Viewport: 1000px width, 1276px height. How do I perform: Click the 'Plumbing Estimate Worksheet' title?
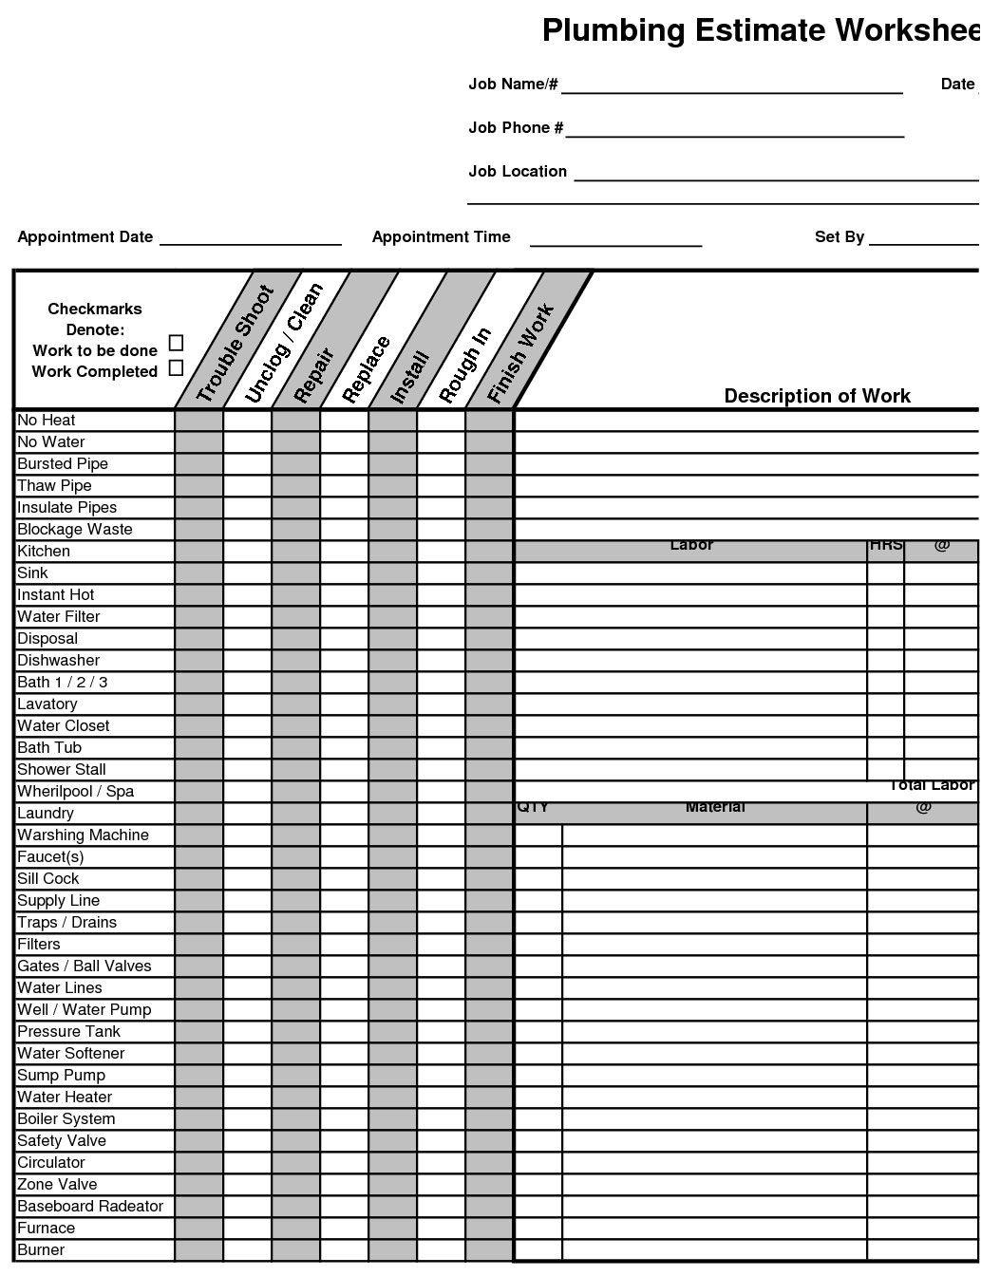(x=760, y=30)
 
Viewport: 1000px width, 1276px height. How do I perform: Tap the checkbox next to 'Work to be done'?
(x=176, y=343)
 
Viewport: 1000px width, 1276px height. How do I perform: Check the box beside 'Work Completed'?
(x=176, y=368)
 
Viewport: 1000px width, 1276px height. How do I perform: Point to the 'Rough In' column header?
(x=465, y=365)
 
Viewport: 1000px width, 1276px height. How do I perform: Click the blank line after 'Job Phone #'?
(x=734, y=130)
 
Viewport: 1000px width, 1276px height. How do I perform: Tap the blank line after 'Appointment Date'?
(x=250, y=238)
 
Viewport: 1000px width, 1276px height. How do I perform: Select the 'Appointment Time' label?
(x=441, y=237)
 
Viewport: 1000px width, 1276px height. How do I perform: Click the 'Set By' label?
(x=839, y=237)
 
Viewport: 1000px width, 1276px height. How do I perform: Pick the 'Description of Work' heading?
(x=817, y=396)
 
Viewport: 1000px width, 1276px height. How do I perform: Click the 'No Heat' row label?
(x=47, y=421)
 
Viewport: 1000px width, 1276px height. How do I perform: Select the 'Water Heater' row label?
(x=65, y=1098)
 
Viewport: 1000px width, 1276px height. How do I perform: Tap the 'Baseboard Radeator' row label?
(x=90, y=1207)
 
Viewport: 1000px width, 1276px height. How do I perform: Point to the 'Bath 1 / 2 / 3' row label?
(x=63, y=683)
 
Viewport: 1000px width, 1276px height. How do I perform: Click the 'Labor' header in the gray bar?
(x=691, y=546)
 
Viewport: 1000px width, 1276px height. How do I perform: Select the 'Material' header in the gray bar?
(x=714, y=808)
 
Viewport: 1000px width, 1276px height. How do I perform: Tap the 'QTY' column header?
(x=534, y=808)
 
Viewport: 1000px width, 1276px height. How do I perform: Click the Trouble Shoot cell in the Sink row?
(x=199, y=573)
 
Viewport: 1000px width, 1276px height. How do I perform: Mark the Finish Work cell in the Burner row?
(x=489, y=1250)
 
